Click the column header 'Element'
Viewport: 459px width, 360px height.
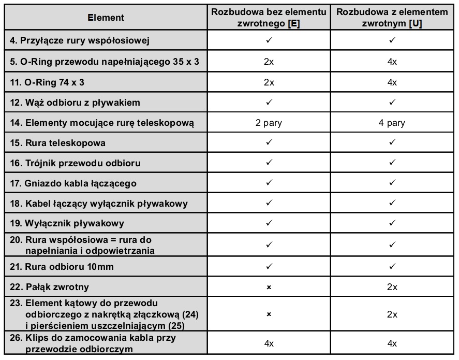106,18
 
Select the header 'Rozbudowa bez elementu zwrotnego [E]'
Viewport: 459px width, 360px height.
269,18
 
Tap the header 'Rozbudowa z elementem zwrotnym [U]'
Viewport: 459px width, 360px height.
392,18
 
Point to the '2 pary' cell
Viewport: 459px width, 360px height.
269,123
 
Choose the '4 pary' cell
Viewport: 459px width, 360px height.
392,123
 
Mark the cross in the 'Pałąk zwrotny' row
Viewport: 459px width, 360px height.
269,287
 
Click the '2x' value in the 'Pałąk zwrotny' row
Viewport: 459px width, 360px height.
392,287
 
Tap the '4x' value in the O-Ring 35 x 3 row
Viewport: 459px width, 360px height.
392,62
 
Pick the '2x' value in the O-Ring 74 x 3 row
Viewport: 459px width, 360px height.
269,82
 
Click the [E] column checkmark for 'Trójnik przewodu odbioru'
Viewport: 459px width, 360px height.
269,163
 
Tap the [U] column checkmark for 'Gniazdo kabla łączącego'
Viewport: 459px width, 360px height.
392,183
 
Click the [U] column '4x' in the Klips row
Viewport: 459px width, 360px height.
392,343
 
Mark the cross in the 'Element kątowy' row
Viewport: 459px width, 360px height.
269,314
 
